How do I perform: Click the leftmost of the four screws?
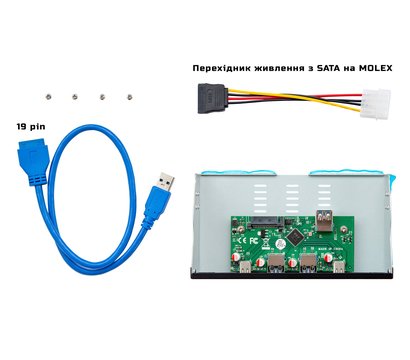(x=48, y=96)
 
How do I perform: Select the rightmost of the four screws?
(x=130, y=96)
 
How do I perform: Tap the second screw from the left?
(x=76, y=96)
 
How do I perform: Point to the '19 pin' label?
(x=30, y=128)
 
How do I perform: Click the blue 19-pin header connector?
(x=34, y=162)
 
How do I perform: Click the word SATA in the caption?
(x=324, y=68)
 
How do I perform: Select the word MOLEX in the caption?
(x=371, y=68)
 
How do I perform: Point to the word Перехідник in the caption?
(x=225, y=68)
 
